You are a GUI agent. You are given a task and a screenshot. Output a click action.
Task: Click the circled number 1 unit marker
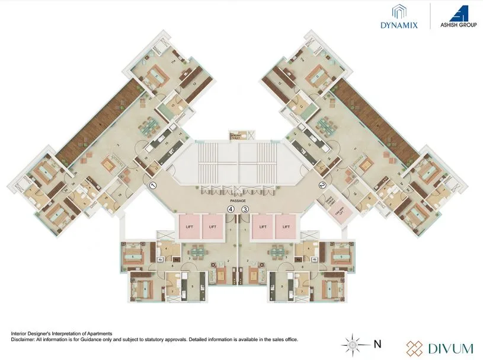pos(152,186)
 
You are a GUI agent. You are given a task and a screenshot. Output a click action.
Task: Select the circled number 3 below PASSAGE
pos(244,209)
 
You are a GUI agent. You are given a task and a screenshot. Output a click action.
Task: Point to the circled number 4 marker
pos(231,209)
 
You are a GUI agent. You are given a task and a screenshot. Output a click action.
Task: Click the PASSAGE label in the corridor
pos(238,201)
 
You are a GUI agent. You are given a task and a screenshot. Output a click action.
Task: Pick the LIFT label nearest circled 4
pos(213,226)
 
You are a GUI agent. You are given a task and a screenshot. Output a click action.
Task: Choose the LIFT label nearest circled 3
pos(262,226)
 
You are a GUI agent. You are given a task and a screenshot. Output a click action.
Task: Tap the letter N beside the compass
pos(378,343)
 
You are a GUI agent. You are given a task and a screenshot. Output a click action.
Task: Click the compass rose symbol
pos(353,343)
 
